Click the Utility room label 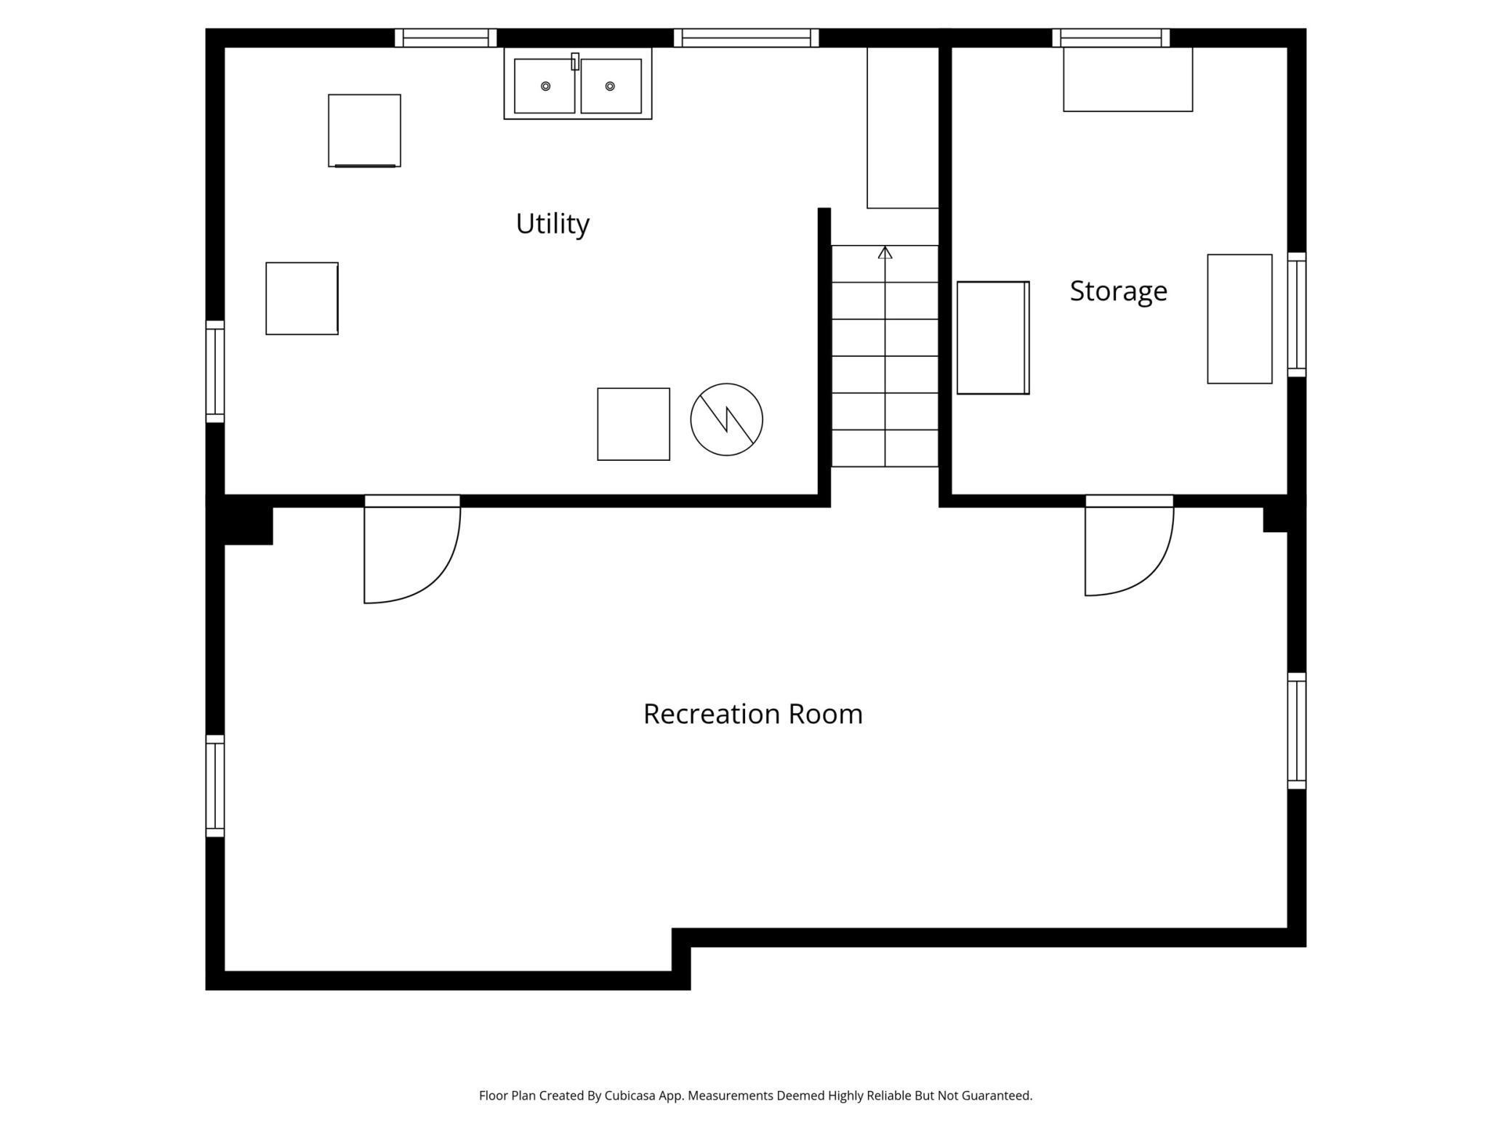pos(552,224)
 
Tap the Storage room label pos(1119,291)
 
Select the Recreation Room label pos(753,714)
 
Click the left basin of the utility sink pos(544,87)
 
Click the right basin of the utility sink pos(611,87)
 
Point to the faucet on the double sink pos(575,62)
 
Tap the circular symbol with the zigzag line pos(726,419)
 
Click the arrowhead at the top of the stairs pos(885,252)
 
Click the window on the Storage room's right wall pos(1297,315)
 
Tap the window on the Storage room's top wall pos(1111,38)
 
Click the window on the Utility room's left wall pos(215,371)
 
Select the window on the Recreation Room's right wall pos(1297,731)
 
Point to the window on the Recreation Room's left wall pos(215,786)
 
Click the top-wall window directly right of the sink pos(747,38)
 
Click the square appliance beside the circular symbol pos(634,424)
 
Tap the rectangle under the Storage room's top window pos(1128,79)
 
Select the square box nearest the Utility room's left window pos(302,299)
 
